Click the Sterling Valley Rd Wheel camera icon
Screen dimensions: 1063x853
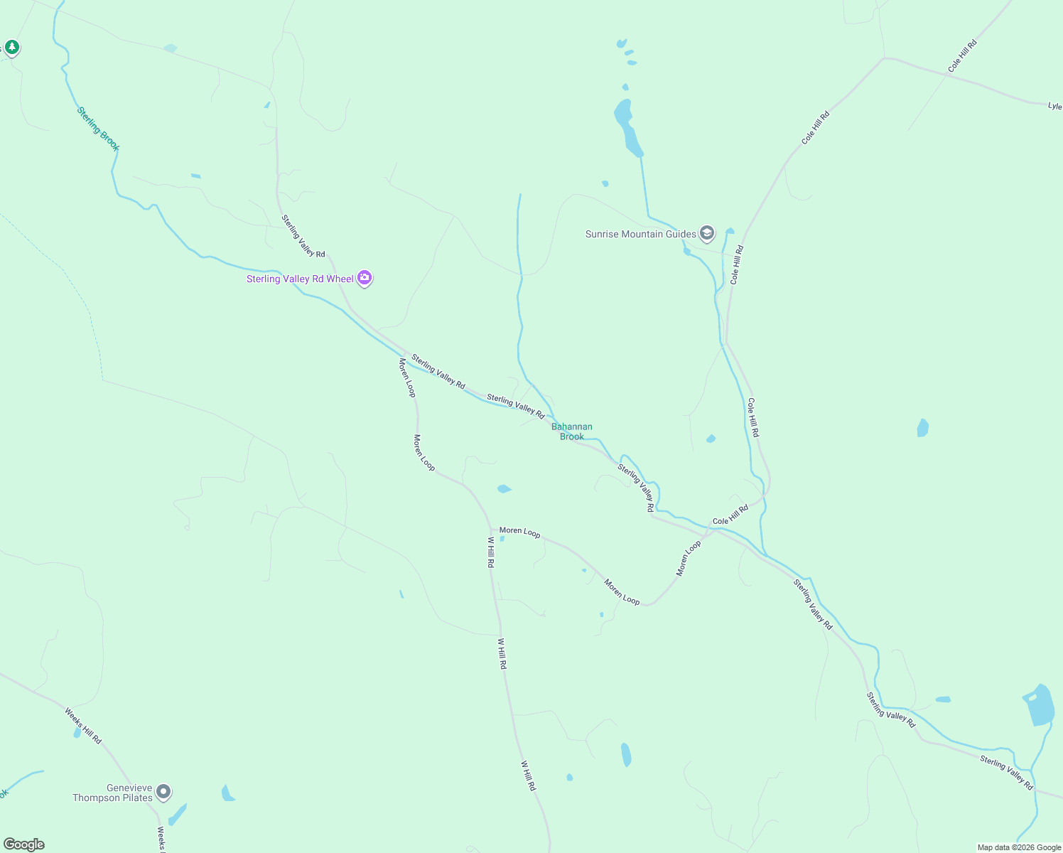(x=365, y=278)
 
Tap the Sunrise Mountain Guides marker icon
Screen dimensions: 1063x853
(x=706, y=233)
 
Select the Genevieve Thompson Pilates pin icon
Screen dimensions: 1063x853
(x=163, y=791)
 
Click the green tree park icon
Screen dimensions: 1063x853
(x=11, y=47)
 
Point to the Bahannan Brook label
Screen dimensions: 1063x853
(x=572, y=431)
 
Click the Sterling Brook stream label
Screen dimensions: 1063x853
(x=98, y=129)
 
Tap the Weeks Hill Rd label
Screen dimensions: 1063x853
(x=83, y=726)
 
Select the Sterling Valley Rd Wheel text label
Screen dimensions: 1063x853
(x=300, y=279)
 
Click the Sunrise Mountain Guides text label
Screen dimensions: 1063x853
(x=640, y=234)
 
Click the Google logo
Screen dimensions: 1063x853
(x=24, y=844)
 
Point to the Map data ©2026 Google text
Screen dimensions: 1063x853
(x=1019, y=847)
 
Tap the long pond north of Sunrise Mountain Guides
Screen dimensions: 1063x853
(x=627, y=127)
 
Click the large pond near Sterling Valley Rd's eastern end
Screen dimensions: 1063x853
(x=1040, y=705)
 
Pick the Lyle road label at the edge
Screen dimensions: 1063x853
(x=1054, y=106)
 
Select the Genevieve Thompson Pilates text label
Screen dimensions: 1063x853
(x=112, y=793)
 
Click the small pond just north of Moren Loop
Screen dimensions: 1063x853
(x=504, y=489)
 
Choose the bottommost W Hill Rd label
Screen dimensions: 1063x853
(x=529, y=776)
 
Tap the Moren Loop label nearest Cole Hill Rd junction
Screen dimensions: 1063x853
(x=688, y=558)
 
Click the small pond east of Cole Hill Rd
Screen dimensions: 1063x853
(x=922, y=428)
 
